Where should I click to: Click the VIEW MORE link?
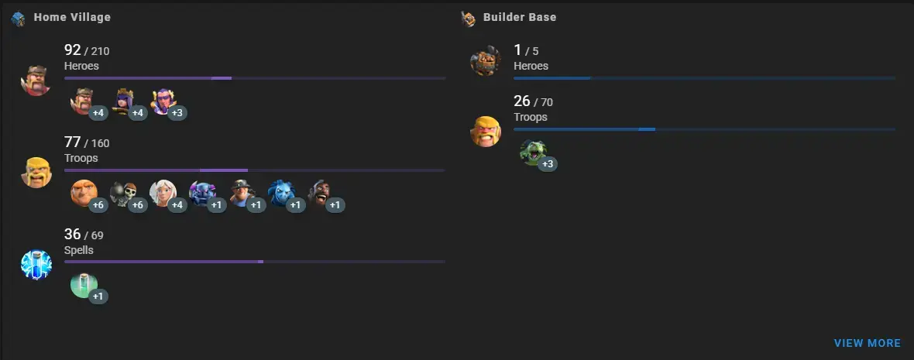(867, 343)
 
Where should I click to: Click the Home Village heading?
(72, 17)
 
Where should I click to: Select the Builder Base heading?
(519, 17)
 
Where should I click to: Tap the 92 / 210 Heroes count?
(87, 51)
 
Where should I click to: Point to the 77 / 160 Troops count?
(87, 143)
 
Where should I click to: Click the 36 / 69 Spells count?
(84, 235)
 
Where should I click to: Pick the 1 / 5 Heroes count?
(526, 51)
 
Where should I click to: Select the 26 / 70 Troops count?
(533, 102)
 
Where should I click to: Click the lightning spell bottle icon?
(36, 265)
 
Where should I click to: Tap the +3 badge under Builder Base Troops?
(548, 164)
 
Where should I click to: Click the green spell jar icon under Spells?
(84, 284)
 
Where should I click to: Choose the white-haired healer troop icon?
(163, 193)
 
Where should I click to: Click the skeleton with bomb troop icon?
(122, 193)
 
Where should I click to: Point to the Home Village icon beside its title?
(19, 18)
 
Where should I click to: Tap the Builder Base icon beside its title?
(468, 18)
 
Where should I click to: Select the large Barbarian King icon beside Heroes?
(36, 81)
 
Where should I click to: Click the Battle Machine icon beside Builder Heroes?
(485, 61)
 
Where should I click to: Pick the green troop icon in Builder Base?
(533, 152)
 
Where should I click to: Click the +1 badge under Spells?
(98, 297)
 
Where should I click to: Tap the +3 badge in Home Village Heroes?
(177, 113)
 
